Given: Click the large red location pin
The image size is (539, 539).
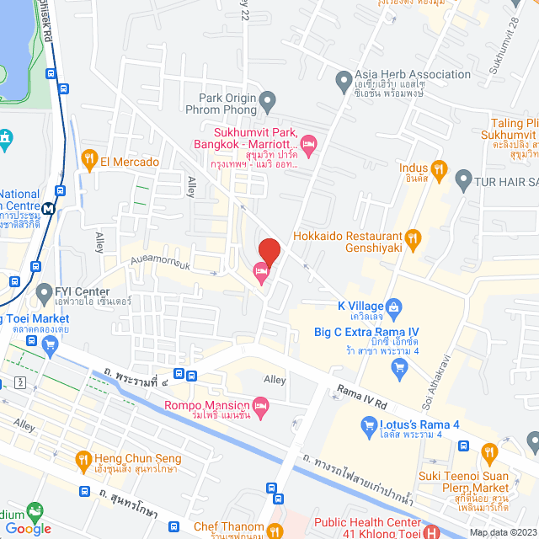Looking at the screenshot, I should coord(269,251).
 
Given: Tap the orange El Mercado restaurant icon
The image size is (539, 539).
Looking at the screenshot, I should coord(89,161).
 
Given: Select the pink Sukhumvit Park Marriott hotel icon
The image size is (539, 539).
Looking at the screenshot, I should coord(308,146).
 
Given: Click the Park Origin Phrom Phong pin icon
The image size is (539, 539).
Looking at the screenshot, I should coord(268,103).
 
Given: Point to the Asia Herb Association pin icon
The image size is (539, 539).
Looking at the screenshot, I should coord(343,82).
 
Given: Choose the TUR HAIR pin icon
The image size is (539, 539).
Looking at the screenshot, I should coord(463,179).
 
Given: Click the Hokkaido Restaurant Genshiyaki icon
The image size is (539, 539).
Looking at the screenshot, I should coord(412,239).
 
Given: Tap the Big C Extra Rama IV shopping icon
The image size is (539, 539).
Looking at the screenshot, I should coord(399,367).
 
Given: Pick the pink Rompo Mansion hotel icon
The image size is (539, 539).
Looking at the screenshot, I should coord(261,409).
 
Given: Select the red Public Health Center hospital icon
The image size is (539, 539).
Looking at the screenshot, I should coord(431,531).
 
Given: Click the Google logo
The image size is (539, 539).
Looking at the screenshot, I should coord(29,529).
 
